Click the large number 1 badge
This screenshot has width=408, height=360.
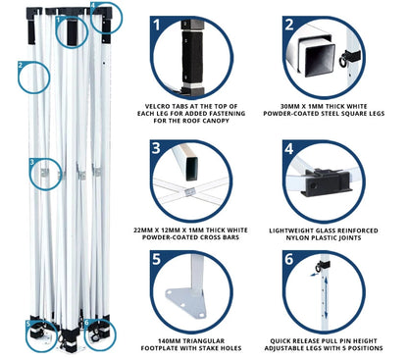click(x=158, y=25)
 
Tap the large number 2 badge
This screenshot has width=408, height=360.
click(x=289, y=25)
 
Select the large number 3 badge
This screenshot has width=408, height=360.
click(x=157, y=148)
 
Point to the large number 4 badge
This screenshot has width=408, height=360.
click(x=289, y=149)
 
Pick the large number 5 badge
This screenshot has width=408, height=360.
click(x=157, y=259)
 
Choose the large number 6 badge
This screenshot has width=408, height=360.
click(x=289, y=259)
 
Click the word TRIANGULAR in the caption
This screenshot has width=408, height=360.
click(x=204, y=341)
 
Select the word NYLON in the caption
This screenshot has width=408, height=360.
click(x=296, y=237)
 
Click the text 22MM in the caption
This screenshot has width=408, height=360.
click(x=142, y=231)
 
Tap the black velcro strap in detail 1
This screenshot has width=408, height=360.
click(x=192, y=57)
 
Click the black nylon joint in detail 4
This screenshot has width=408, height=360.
click(x=326, y=182)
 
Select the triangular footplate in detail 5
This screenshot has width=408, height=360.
click(x=186, y=302)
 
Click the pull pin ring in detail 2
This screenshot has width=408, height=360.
click(x=343, y=62)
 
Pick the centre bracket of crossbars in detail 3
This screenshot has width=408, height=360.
click(x=189, y=192)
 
